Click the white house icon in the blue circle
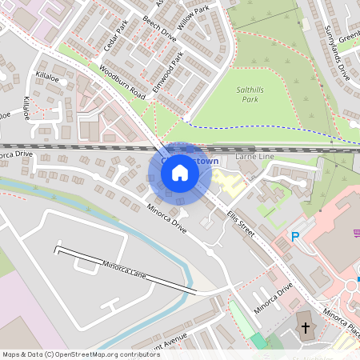coord(180,172)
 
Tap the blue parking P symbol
coord(295,237)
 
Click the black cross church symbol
coord(304,328)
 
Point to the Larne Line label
coord(254,158)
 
